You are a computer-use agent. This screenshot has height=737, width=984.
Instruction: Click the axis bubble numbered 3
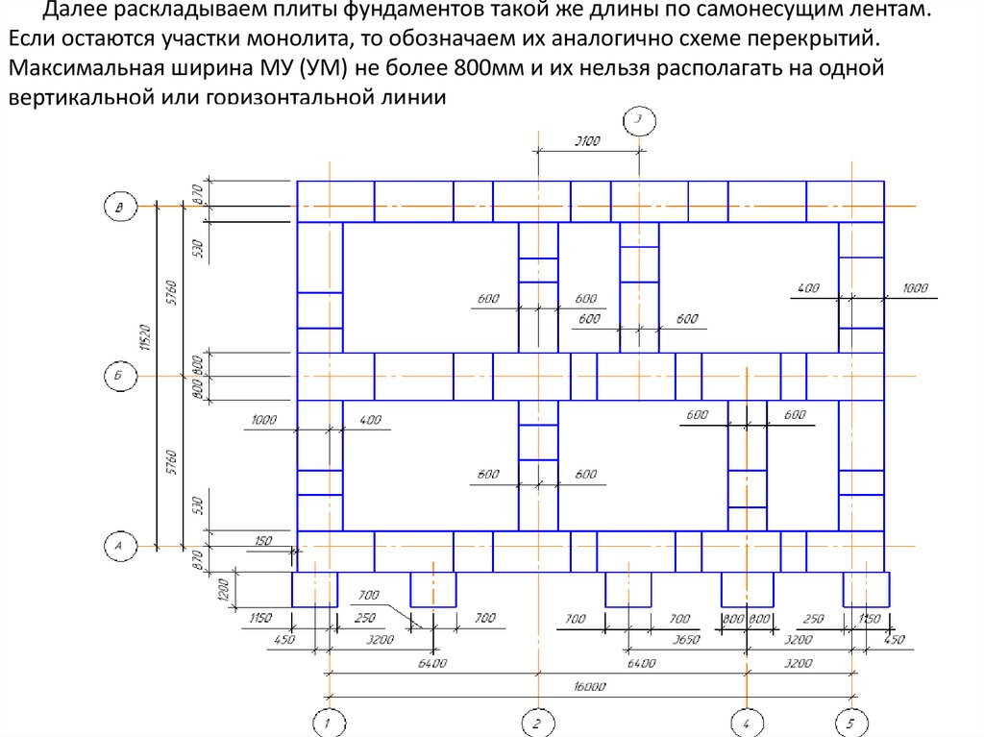[639, 120]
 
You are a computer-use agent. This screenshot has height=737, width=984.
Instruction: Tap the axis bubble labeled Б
[119, 378]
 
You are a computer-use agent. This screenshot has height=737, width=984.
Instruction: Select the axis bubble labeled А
[119, 546]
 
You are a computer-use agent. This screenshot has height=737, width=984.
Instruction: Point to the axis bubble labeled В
[119, 207]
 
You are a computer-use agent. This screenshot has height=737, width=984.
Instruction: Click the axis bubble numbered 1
[329, 723]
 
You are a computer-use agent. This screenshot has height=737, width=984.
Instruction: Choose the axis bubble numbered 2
[536, 723]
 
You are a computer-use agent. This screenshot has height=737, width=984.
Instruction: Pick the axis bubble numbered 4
[747, 723]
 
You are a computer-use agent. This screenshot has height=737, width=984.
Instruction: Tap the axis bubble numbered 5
[849, 723]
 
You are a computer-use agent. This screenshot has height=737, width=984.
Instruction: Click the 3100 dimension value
[586, 141]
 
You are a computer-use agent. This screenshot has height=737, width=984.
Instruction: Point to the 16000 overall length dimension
[588, 686]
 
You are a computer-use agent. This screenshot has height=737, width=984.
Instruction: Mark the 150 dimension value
[262, 541]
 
